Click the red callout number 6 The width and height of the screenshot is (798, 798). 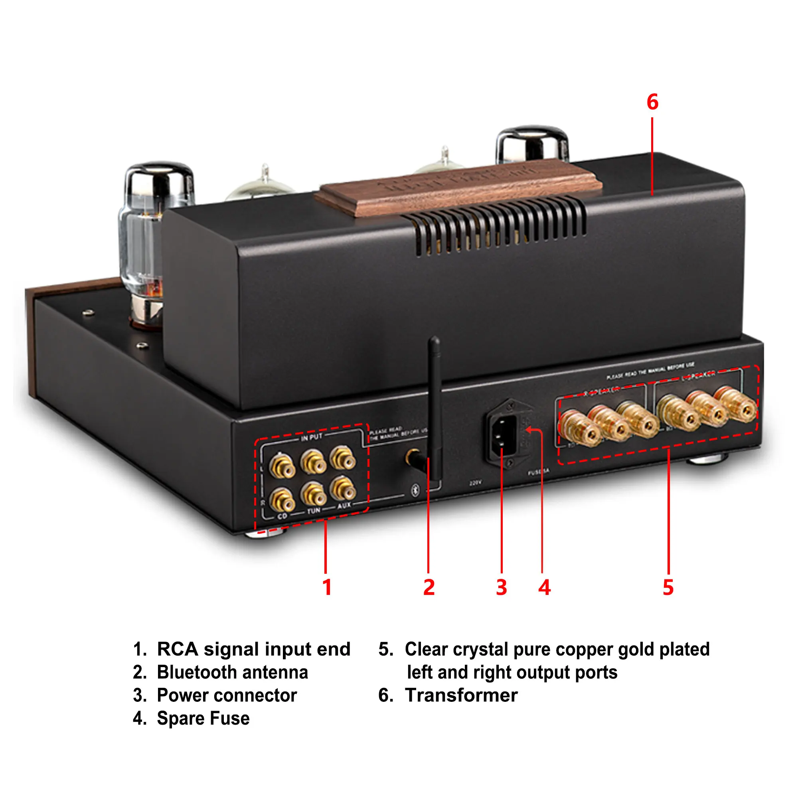pyautogui.click(x=652, y=102)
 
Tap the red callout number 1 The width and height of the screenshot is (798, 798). pyautogui.click(x=327, y=587)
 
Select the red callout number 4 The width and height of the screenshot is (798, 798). pyautogui.click(x=544, y=587)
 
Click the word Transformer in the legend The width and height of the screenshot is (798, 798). pyautogui.click(x=461, y=695)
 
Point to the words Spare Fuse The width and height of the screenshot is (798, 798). pyautogui.click(x=203, y=718)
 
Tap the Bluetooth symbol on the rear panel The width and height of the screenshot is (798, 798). pyautogui.click(x=415, y=490)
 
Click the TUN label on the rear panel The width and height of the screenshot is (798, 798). pyautogui.click(x=314, y=511)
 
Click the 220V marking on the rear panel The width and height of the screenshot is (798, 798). pyautogui.click(x=476, y=483)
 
